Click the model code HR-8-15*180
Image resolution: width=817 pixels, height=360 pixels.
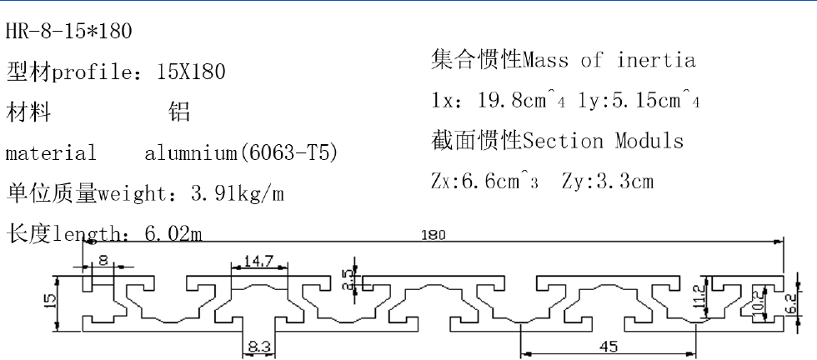[x=68, y=32]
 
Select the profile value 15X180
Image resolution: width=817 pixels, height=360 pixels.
[x=191, y=72]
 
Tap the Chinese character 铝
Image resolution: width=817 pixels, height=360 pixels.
[x=179, y=112]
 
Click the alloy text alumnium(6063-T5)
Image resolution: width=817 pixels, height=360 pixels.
[x=241, y=153]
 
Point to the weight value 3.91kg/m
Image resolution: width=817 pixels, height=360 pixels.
[x=238, y=194]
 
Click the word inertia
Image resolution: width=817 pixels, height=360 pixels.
[x=656, y=60]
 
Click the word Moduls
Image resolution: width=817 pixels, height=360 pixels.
[x=649, y=141]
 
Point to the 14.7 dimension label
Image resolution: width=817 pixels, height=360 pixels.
[x=258, y=262]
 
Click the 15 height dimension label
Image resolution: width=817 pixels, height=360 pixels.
[x=53, y=298]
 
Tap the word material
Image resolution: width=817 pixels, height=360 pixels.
[x=51, y=153]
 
